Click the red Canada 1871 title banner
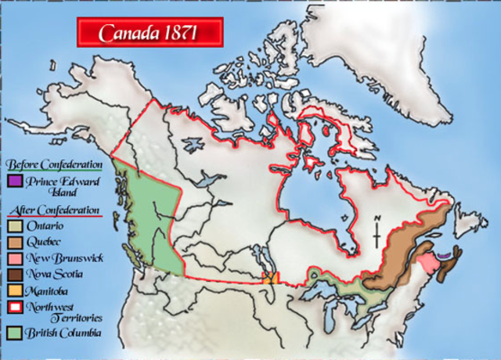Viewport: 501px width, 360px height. tap(150, 33)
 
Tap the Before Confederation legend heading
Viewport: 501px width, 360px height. tap(54, 165)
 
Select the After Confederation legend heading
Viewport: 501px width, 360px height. tap(54, 211)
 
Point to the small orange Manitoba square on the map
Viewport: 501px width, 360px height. tap(270, 278)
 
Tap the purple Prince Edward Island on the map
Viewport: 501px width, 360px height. tap(445, 254)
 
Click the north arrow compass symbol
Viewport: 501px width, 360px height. tap(377, 232)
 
